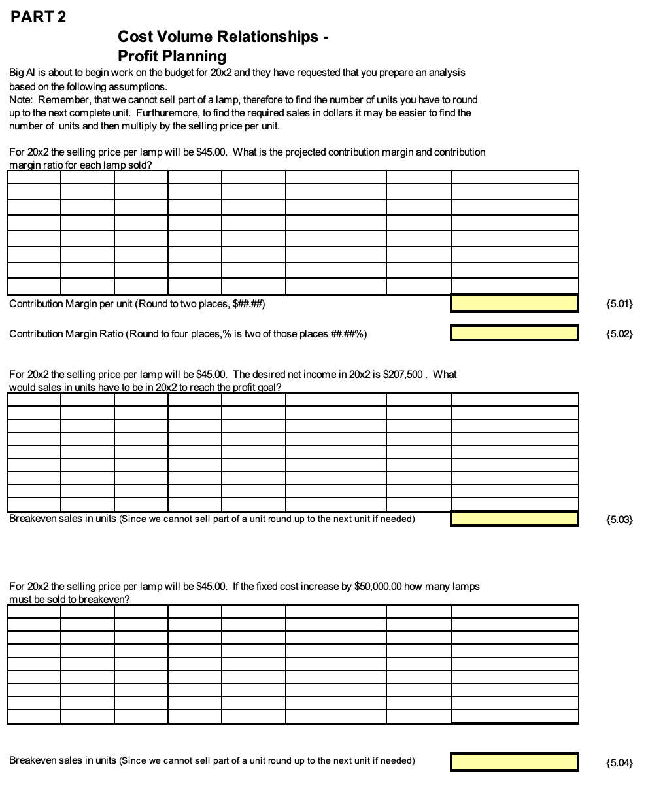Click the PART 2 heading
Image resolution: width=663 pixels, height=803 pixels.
coord(39,17)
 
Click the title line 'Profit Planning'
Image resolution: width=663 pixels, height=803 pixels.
coord(172,56)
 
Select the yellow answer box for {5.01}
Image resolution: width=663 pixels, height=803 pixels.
coord(514,303)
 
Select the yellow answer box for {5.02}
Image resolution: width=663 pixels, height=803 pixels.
coord(514,333)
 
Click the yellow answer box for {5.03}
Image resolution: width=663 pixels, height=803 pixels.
coord(514,519)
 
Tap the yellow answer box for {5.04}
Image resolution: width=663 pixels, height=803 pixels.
coord(514,761)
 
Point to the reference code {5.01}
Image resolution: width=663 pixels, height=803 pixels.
coord(619,303)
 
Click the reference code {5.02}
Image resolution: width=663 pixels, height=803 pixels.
coord(619,334)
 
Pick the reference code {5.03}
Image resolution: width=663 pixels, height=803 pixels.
coord(619,520)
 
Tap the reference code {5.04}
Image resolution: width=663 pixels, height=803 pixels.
coord(619,762)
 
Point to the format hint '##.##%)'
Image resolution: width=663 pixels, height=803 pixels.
coord(349,334)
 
